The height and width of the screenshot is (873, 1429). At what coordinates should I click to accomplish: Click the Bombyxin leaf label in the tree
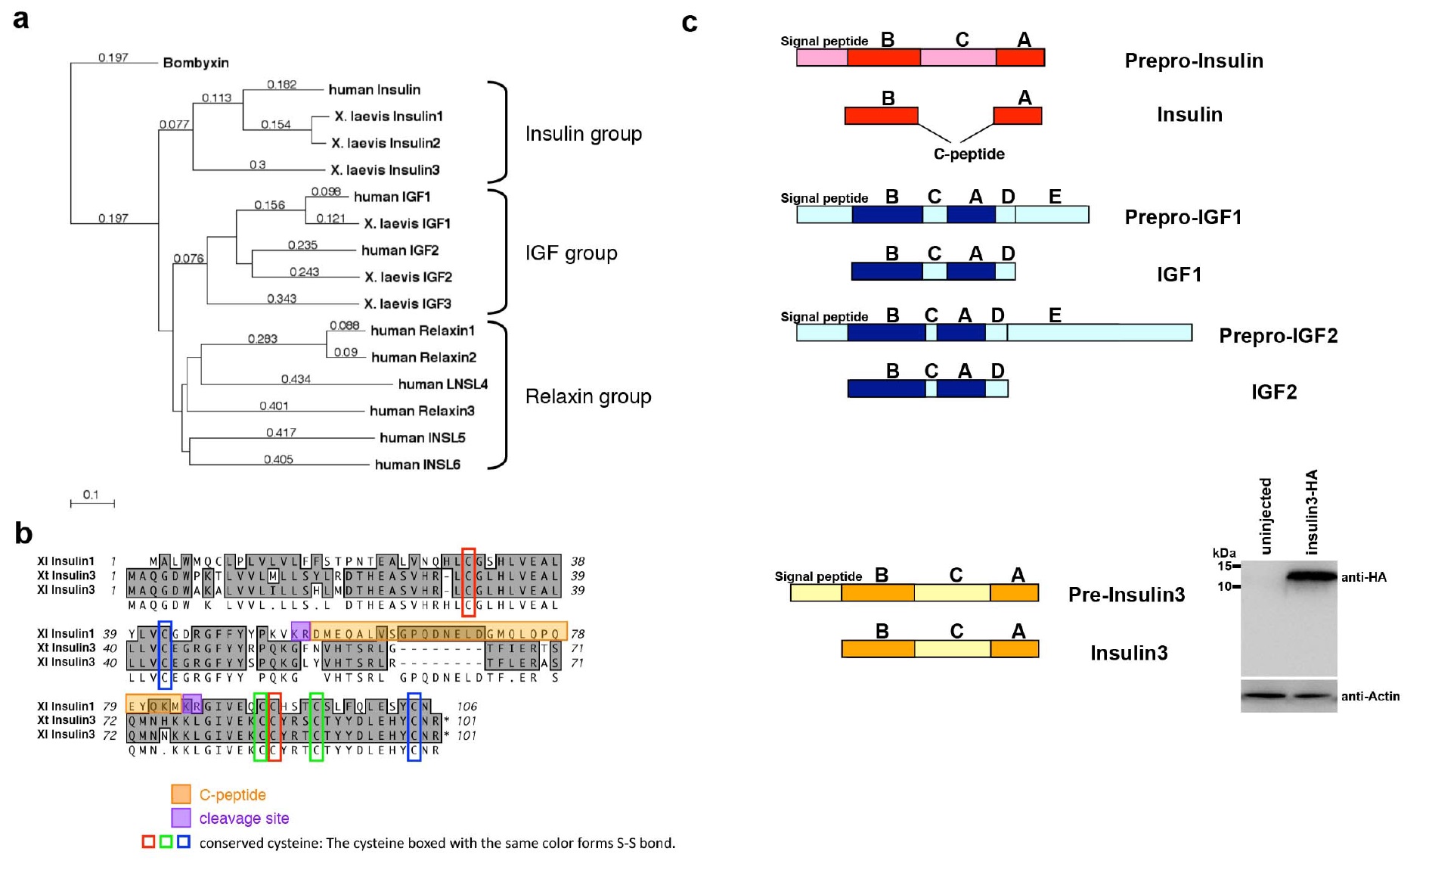[196, 63]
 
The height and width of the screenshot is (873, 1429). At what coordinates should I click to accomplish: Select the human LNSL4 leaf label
[443, 384]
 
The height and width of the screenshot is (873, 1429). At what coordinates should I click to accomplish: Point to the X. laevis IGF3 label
[408, 304]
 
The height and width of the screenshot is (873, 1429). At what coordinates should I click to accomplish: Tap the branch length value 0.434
[296, 379]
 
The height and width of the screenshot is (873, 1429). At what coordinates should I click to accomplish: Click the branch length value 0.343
[281, 299]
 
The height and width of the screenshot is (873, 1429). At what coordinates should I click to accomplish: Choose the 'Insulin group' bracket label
[584, 134]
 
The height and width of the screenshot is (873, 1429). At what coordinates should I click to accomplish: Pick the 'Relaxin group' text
[588, 396]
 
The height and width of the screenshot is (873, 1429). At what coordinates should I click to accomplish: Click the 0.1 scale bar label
[91, 495]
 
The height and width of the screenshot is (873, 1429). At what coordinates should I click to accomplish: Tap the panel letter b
[23, 533]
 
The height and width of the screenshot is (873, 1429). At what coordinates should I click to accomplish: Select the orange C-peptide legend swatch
[181, 794]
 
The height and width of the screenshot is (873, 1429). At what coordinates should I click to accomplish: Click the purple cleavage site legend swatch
[181, 818]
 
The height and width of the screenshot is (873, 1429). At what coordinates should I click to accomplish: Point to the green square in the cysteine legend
[166, 842]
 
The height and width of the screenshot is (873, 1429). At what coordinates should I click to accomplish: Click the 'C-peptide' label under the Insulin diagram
[969, 154]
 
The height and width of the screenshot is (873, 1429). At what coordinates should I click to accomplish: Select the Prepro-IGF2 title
[1278, 336]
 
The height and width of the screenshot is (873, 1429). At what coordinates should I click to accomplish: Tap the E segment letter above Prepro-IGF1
[1055, 197]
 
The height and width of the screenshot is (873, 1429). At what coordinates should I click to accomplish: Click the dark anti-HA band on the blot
[1312, 576]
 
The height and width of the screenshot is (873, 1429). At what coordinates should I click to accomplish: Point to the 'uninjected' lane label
[1266, 516]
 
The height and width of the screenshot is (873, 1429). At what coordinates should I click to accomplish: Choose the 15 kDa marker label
[1223, 566]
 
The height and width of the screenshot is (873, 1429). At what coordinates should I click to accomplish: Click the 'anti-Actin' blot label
[1370, 696]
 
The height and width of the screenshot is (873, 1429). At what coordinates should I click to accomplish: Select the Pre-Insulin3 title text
[1126, 595]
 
